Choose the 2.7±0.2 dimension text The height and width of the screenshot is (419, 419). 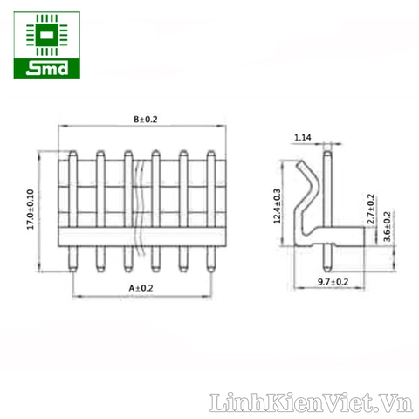coord(371,209)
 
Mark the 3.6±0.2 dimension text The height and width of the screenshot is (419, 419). coord(388,227)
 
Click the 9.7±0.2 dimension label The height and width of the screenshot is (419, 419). coord(333,282)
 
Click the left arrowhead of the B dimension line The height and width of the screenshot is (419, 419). coord(62,128)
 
